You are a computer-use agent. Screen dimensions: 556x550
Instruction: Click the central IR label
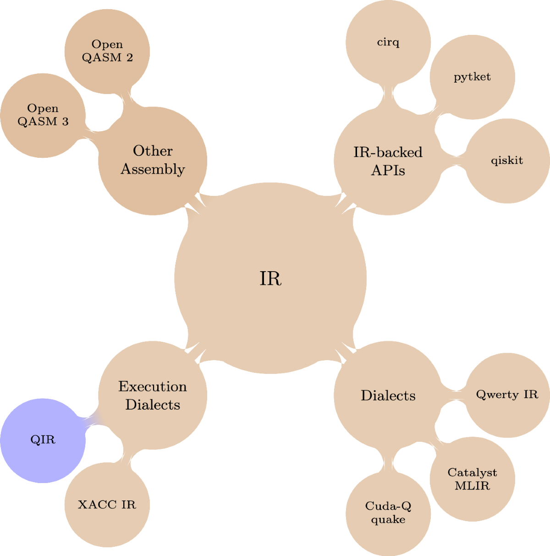click(270, 278)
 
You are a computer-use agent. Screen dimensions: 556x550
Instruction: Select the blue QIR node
click(43, 440)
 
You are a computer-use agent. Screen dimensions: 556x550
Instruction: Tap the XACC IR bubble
click(107, 505)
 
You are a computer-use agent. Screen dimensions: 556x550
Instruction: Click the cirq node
click(388, 42)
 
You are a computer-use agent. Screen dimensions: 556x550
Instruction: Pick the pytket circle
click(472, 77)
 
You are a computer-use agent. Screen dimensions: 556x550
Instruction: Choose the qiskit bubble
click(507, 161)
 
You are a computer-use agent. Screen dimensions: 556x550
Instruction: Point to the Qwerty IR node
click(507, 395)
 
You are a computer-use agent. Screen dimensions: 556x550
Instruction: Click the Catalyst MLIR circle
click(472, 479)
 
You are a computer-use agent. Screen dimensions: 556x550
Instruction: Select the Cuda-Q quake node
click(388, 513)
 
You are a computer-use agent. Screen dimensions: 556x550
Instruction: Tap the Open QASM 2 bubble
click(107, 50)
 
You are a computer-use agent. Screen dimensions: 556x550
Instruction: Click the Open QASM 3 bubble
click(43, 115)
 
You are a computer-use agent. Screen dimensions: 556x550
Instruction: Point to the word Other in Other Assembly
click(153, 151)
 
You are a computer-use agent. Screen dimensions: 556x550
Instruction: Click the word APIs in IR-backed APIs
click(388, 171)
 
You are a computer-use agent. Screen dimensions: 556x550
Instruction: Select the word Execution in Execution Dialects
click(153, 387)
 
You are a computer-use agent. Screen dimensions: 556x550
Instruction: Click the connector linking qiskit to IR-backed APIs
click(453, 161)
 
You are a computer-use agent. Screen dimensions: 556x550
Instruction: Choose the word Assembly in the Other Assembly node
click(153, 169)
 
